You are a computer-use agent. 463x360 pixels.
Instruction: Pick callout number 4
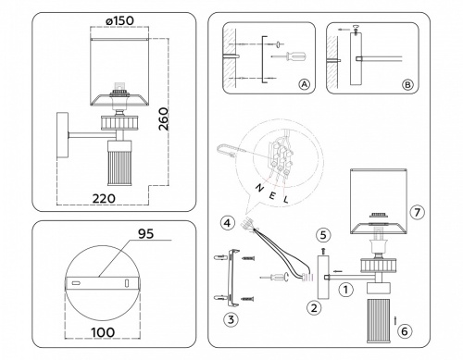(227, 222)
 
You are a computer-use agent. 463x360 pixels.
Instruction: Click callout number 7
(417, 213)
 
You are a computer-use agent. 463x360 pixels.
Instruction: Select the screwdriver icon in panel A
(282, 56)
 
